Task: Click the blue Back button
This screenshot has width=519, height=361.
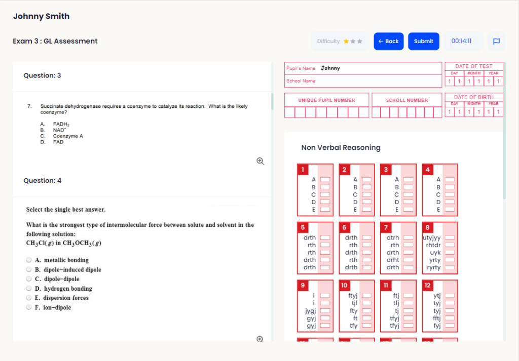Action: click(x=388, y=42)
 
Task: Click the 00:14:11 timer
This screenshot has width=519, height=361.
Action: click(x=461, y=42)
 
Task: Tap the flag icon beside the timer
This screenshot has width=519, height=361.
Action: click(x=496, y=42)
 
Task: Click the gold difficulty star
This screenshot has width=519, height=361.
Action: click(x=346, y=42)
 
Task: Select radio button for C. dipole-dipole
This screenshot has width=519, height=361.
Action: click(x=29, y=279)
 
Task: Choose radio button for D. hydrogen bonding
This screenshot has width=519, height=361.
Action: click(x=29, y=289)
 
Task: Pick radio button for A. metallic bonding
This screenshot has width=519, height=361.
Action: click(x=29, y=260)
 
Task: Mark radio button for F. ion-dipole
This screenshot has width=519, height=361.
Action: click(x=29, y=307)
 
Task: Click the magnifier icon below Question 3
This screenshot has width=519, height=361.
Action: click(x=260, y=161)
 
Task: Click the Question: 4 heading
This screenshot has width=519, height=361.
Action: click(x=42, y=181)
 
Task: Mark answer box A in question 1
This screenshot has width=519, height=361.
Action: click(x=325, y=180)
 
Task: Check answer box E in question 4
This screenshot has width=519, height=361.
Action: click(x=450, y=209)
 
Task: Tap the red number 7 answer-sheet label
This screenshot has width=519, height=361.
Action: click(x=386, y=228)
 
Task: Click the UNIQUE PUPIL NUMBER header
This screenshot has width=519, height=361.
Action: click(x=326, y=100)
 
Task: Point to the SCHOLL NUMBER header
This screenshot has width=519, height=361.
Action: click(x=406, y=100)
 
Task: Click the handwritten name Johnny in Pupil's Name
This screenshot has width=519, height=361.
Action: click(x=330, y=68)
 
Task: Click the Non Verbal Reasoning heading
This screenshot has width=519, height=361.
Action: click(x=341, y=148)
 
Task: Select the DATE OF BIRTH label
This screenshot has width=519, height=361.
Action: click(x=473, y=97)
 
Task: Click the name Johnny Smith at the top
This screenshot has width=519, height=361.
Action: click(x=41, y=16)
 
